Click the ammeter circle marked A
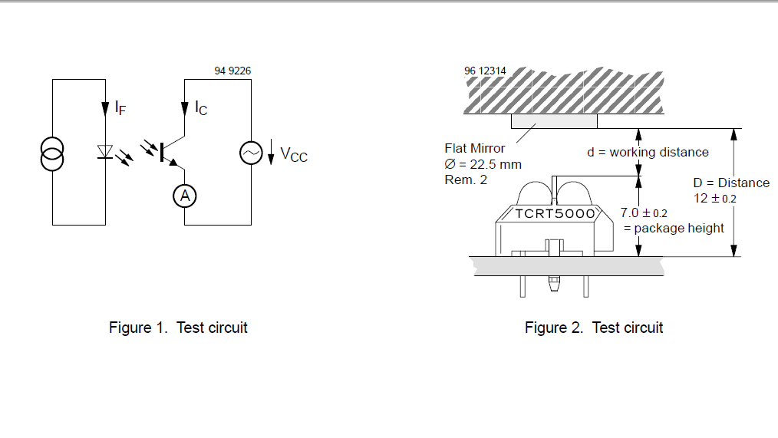click(184, 196)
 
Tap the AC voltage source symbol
click(251, 154)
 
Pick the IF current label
click(120, 108)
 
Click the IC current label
click(200, 108)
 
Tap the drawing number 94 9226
click(232, 71)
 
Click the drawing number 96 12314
click(485, 71)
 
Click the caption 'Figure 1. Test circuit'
click(178, 328)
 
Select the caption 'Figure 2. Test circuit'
click(594, 328)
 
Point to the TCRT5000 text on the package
click(554, 214)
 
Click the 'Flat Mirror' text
click(475, 148)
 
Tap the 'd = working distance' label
click(648, 152)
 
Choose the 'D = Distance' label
click(731, 183)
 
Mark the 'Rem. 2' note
click(465, 179)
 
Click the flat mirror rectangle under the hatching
click(554, 120)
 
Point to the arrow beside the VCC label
click(272, 153)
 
